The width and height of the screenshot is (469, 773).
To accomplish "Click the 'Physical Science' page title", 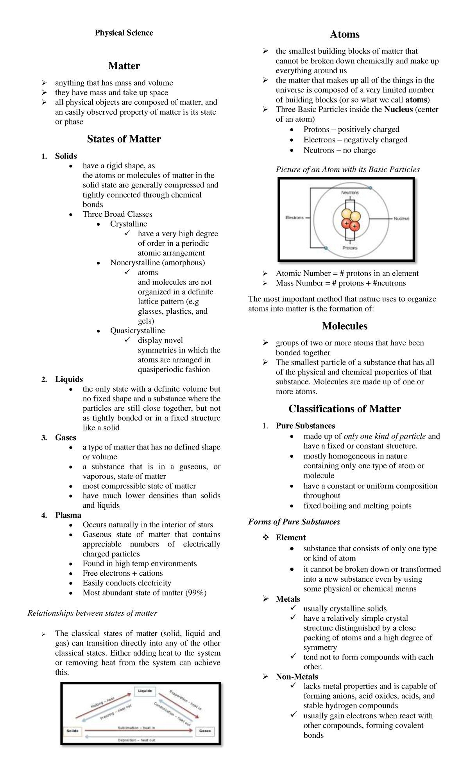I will pyautogui.click(x=124, y=33).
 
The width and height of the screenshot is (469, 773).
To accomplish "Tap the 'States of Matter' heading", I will pyautogui.click(x=124, y=139).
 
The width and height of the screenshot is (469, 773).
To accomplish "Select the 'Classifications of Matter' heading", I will pyautogui.click(x=344, y=409).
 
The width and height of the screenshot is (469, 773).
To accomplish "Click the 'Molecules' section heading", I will pyautogui.click(x=344, y=326).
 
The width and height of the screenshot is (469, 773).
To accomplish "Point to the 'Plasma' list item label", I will pyautogui.click(x=68, y=515).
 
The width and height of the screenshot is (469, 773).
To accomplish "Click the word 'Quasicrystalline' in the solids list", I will pyautogui.click(x=137, y=331).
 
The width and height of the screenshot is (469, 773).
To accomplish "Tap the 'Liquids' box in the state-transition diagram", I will pyautogui.click(x=144, y=691).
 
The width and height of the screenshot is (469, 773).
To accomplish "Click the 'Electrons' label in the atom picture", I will pyautogui.click(x=294, y=218).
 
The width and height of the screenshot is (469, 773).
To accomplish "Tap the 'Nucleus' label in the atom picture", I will pyautogui.click(x=401, y=219).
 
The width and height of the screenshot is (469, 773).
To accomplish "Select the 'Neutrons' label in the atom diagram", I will pyautogui.click(x=350, y=192).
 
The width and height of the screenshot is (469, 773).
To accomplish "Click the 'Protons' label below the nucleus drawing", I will pyautogui.click(x=350, y=248).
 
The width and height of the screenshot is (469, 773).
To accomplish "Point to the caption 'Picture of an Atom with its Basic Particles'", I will pyautogui.click(x=347, y=170).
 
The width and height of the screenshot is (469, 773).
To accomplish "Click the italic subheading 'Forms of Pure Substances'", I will pyautogui.click(x=294, y=522).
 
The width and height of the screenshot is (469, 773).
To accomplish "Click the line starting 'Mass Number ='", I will pyautogui.click(x=340, y=283).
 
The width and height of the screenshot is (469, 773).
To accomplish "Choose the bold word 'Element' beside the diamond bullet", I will pyautogui.click(x=290, y=538).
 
